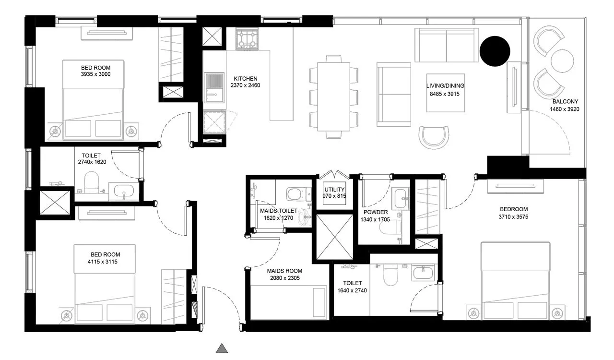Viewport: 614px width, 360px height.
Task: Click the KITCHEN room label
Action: click(245, 79)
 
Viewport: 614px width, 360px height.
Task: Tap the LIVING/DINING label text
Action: click(445, 85)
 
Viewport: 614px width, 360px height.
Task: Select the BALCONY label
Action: click(565, 102)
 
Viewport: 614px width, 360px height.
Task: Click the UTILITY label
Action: click(334, 190)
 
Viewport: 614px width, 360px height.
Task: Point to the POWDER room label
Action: click(376, 212)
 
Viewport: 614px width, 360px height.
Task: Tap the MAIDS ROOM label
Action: click(284, 271)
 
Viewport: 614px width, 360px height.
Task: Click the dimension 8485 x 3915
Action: click(445, 94)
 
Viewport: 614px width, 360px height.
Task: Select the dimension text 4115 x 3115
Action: click(103, 262)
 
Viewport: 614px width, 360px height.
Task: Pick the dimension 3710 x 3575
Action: click(513, 217)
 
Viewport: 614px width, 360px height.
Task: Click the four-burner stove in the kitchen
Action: click(247, 39)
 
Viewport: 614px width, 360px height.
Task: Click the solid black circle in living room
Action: click(495, 51)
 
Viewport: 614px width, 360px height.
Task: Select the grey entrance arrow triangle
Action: click(222, 348)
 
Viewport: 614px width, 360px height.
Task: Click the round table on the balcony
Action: click(562, 61)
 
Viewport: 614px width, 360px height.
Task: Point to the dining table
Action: click(333, 96)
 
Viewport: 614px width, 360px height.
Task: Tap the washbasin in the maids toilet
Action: click(305, 216)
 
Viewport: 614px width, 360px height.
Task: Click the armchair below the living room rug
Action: click(434, 137)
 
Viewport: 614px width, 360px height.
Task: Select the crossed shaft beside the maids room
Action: click(335, 237)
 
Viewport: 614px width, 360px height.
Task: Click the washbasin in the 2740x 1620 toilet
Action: click(124, 190)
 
